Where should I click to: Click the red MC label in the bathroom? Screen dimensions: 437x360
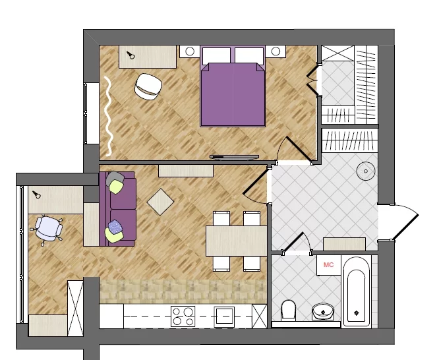pos(329,264)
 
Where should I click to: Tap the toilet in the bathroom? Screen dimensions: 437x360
pos(288,310)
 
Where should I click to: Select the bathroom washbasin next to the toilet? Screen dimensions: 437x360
pos(323,311)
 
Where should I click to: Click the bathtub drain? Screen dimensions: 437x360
pos(357,313)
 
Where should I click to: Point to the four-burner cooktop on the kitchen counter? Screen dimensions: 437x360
pos(183,316)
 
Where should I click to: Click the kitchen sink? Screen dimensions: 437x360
pos(224,316)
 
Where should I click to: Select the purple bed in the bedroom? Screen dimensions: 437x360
pos(233,86)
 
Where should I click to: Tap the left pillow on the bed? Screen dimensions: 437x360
pos(216,55)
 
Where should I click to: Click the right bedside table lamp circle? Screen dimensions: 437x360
pos(276,51)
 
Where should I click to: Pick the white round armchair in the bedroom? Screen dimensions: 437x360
pos(148,86)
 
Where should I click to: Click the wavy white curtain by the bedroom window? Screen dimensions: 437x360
pos(108,115)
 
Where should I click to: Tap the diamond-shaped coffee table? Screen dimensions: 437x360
pos(160,202)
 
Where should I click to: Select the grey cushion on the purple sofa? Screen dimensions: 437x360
pos(115,177)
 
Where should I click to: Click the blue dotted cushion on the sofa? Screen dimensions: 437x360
pos(115,226)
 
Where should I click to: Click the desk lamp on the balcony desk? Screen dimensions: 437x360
pos(36,195)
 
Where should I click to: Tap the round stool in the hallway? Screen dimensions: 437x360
pos(366,171)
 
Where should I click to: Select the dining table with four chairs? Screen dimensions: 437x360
pos(237,241)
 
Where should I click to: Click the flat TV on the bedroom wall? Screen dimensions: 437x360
pos(234,158)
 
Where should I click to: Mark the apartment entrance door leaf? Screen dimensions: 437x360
pos(406,227)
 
